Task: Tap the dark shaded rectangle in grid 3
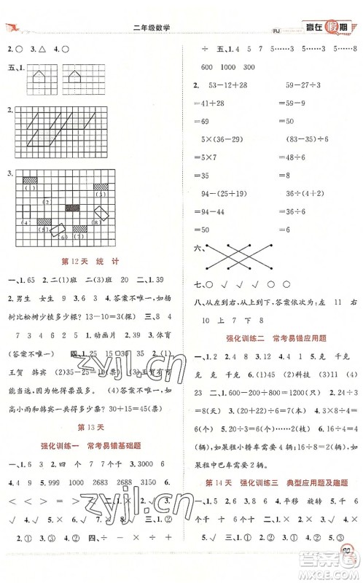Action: tap(72, 208)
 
